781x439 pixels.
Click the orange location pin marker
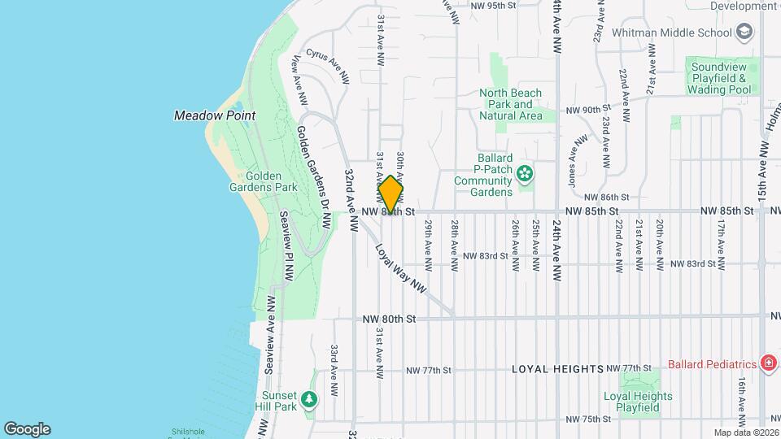390,194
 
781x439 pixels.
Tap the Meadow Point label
215,115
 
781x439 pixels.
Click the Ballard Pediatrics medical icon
769,363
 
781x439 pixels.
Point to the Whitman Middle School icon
743,32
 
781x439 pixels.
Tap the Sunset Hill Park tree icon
308,398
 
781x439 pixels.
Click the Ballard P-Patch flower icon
526,172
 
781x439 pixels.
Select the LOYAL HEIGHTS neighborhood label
557,369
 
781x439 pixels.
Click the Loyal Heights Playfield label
638,402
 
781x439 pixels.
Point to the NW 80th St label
389,319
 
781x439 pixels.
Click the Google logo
27,429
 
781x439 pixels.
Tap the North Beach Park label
510,104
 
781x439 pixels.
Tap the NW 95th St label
494,6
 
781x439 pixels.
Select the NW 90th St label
587,110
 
